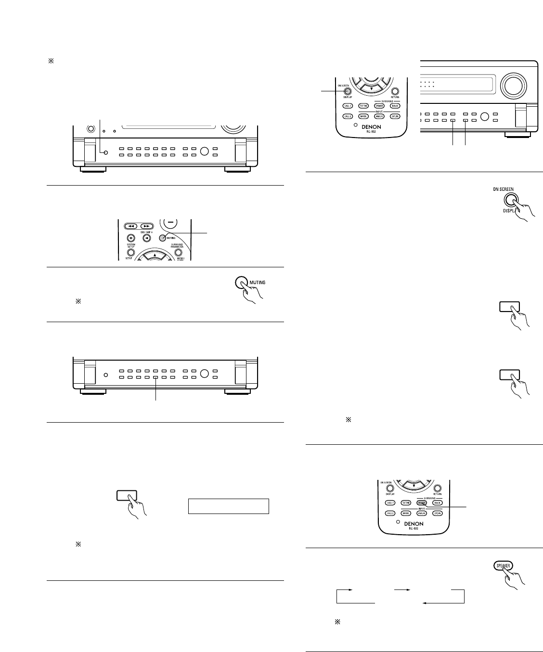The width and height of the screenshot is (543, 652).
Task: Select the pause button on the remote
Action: (x=130, y=238)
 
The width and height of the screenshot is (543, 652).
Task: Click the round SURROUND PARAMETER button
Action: (x=179, y=251)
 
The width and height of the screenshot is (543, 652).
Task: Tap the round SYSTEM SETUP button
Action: (x=130, y=251)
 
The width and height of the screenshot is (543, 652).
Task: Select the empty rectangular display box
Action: (x=228, y=506)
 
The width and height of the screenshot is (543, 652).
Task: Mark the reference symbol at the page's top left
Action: (x=49, y=61)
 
